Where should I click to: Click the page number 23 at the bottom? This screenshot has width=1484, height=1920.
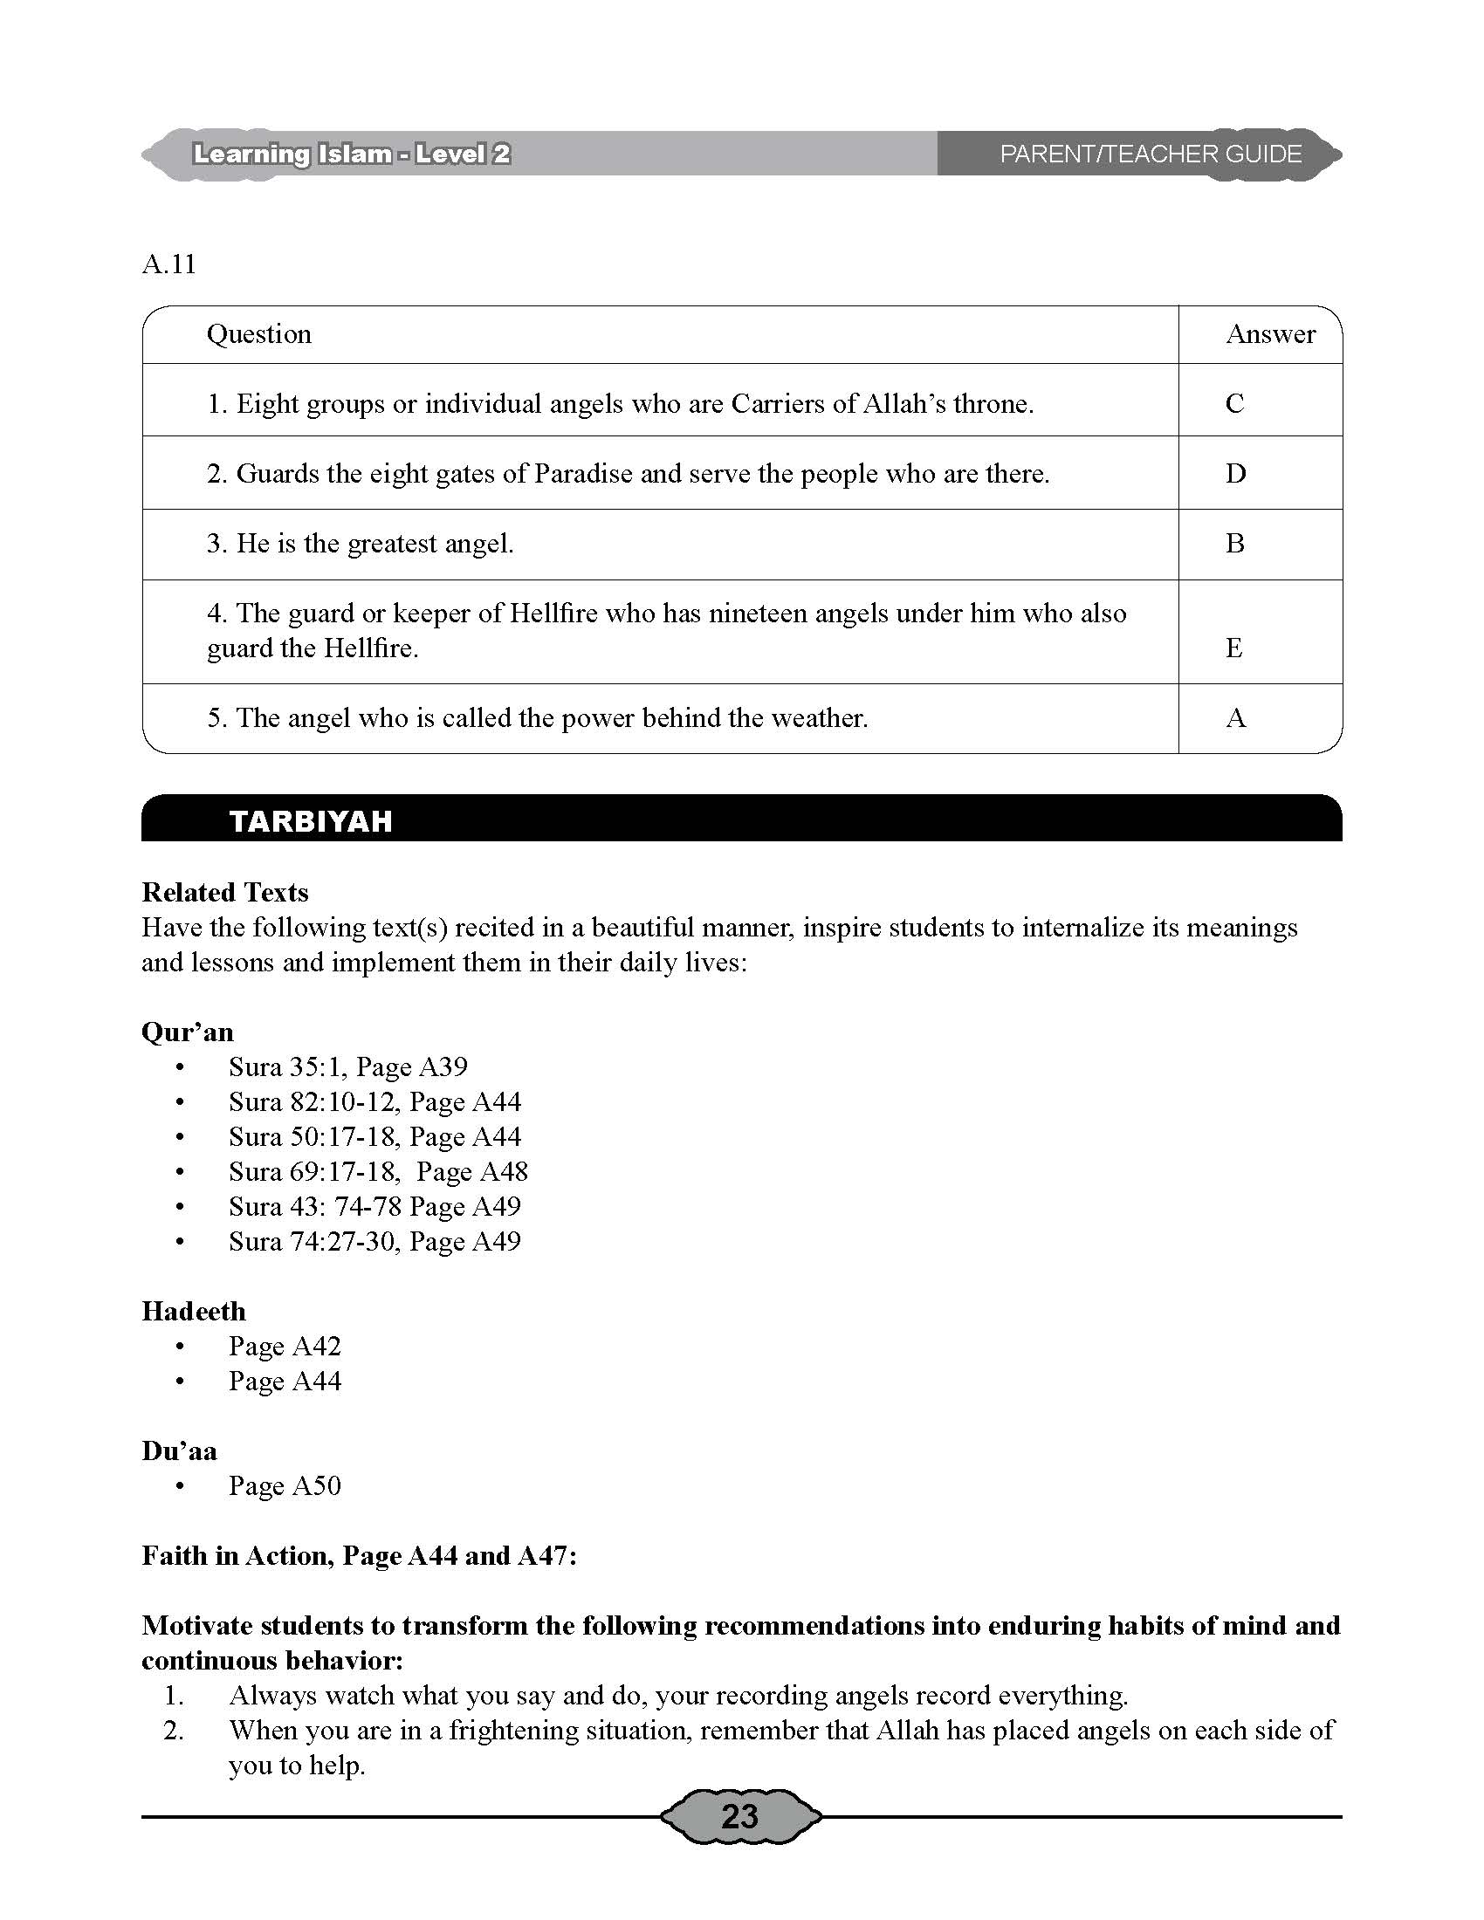click(x=739, y=1816)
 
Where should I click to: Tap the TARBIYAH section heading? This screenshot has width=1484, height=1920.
click(x=311, y=821)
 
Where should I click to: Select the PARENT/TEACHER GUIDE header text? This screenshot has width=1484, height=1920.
click(x=1150, y=154)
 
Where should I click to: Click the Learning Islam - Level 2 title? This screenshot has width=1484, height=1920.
click(x=352, y=154)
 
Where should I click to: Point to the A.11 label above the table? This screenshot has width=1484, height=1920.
click(x=168, y=264)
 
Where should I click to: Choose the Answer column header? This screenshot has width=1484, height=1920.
click(x=1270, y=334)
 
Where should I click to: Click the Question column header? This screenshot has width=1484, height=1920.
click(x=259, y=334)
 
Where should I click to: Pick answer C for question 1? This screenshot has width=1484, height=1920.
click(x=1234, y=403)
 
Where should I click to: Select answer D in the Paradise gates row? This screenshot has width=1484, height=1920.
click(x=1235, y=474)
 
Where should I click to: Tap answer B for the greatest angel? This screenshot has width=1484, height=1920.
click(x=1234, y=544)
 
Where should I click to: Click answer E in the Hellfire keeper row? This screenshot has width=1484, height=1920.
click(x=1233, y=648)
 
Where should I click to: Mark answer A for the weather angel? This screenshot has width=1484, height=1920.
click(x=1235, y=718)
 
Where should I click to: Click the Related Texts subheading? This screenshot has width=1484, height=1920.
click(x=225, y=892)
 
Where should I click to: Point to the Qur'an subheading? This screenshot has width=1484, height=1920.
click(x=188, y=1032)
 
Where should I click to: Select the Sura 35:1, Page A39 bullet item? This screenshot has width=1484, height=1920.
click(x=348, y=1067)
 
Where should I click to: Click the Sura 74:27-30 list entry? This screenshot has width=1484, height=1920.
click(x=374, y=1241)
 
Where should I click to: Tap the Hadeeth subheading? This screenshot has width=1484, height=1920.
click(x=194, y=1312)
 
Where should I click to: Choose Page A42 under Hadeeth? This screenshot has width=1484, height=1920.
click(x=285, y=1346)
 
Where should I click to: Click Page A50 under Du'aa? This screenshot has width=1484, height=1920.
click(x=285, y=1485)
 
